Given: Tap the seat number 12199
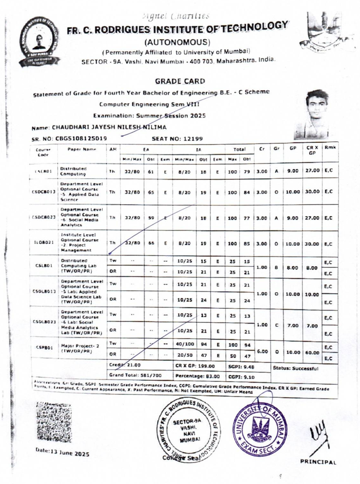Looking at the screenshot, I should point(193,139).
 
